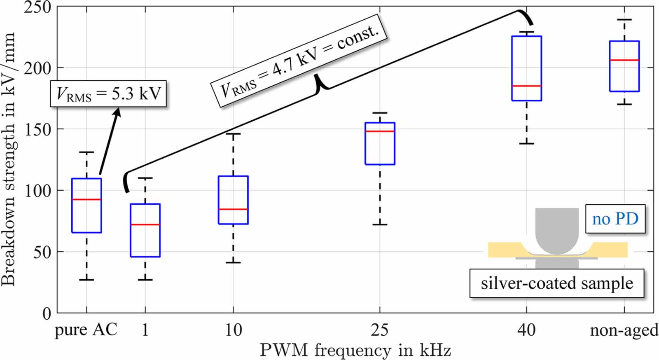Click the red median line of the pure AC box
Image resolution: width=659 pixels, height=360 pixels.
click(x=86, y=199)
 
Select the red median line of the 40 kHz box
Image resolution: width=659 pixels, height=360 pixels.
click(x=526, y=86)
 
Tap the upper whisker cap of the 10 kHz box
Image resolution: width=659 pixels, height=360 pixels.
click(x=233, y=134)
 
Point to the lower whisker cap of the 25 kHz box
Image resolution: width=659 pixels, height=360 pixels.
click(x=380, y=224)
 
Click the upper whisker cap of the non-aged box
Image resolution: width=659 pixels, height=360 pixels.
click(x=624, y=20)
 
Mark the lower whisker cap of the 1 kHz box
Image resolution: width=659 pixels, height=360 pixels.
click(x=145, y=280)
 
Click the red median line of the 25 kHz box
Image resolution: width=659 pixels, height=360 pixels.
click(x=380, y=131)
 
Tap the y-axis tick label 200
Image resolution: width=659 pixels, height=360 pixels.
click(x=37, y=68)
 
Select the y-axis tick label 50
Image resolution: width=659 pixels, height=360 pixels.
click(x=42, y=252)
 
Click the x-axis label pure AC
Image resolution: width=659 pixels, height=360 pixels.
click(x=86, y=330)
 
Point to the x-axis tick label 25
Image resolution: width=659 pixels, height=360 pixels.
click(x=379, y=330)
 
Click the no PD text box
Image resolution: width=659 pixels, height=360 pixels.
click(x=615, y=219)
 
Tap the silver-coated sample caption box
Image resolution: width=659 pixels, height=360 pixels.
click(x=556, y=283)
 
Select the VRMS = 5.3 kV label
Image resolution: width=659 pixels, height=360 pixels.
click(x=108, y=94)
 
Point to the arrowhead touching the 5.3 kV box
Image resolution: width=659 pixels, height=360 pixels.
click(x=118, y=111)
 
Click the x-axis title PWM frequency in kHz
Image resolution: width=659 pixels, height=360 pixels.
click(x=355, y=350)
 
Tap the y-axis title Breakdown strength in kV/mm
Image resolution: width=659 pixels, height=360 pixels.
click(x=8, y=159)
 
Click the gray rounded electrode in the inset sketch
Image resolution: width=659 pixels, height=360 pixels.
click(x=557, y=231)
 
